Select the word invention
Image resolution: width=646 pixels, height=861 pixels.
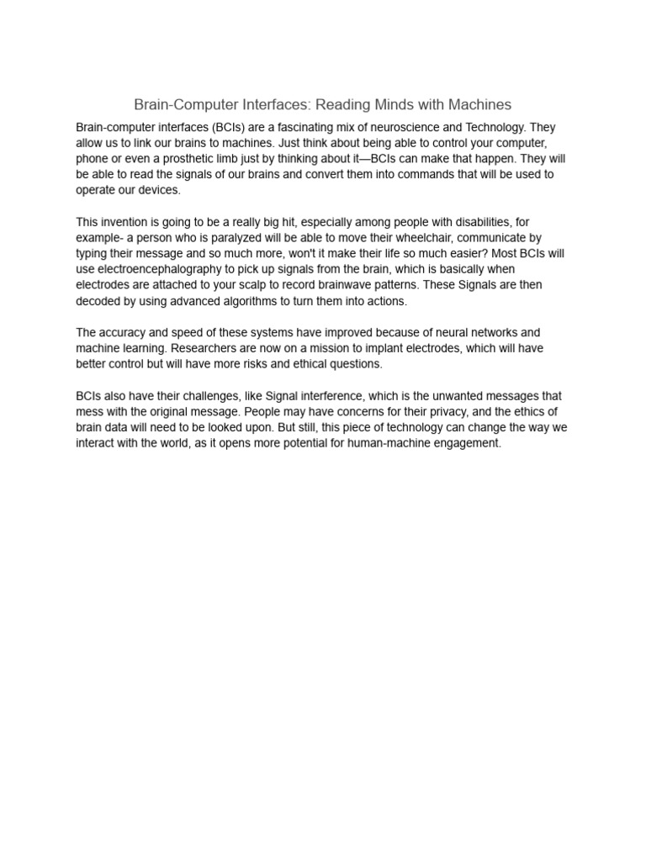(124, 222)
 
